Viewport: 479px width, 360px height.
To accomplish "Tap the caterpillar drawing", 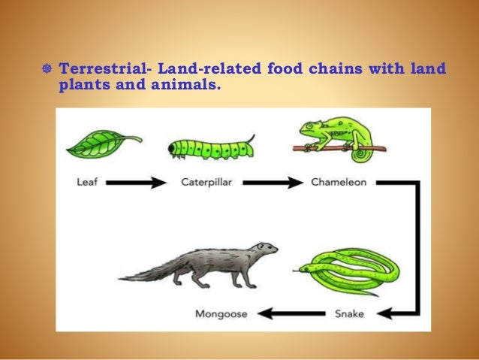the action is click(211, 147).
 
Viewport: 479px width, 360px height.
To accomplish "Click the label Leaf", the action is click(88, 182).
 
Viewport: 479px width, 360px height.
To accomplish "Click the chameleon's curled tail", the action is click(362, 153).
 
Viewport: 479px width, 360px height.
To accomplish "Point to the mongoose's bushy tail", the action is click(150, 271).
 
